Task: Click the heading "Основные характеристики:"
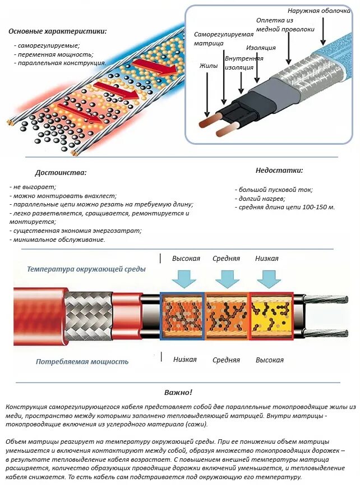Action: click(x=58, y=31)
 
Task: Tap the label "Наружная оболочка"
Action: click(x=319, y=11)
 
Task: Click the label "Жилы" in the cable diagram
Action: click(x=208, y=66)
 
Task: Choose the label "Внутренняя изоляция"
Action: click(x=243, y=62)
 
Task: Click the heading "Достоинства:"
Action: click(x=61, y=173)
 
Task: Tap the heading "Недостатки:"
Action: click(x=279, y=170)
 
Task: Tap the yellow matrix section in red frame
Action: click(x=271, y=316)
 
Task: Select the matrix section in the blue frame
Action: click(x=182, y=316)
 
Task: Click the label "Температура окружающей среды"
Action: click(x=86, y=269)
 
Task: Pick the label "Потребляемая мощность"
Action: click(x=82, y=362)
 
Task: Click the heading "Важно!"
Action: click(x=178, y=392)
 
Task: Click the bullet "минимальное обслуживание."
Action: click(x=59, y=240)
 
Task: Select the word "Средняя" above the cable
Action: click(x=226, y=259)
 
